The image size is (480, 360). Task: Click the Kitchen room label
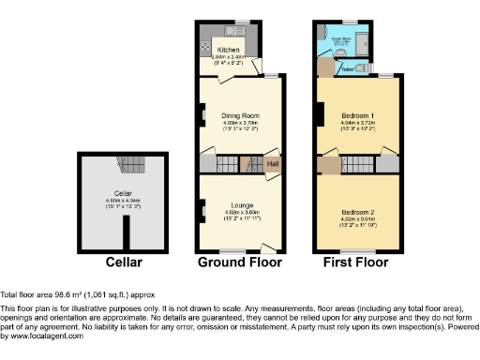click(x=228, y=49)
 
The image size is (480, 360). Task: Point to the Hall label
click(x=273, y=165)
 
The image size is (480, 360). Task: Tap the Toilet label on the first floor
click(x=347, y=68)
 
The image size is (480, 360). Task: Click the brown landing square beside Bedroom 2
click(x=331, y=166)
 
